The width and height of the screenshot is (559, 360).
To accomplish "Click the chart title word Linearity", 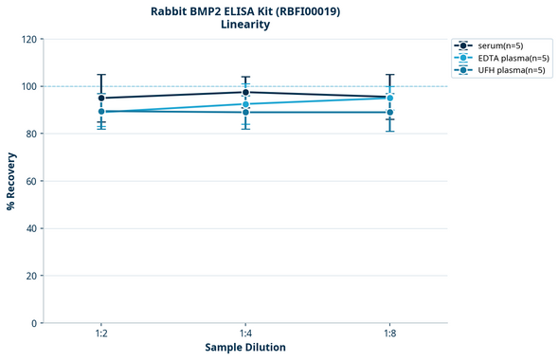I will click(x=245, y=25).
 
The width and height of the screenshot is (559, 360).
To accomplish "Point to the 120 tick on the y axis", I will click(x=28, y=39).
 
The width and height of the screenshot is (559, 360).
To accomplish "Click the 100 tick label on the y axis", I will click(x=28, y=86).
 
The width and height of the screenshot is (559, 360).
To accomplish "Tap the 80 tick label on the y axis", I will click(x=31, y=134).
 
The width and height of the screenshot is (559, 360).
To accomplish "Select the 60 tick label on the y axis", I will click(x=31, y=181).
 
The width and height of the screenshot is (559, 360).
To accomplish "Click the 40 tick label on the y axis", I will click(x=31, y=228).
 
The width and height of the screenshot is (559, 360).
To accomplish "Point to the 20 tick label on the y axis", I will click(x=31, y=276).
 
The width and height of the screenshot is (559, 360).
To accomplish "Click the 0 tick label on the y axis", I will click(x=34, y=323).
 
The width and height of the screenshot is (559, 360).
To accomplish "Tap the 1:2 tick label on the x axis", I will click(x=101, y=334).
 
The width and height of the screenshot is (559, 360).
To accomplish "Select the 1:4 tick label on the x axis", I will click(x=245, y=334).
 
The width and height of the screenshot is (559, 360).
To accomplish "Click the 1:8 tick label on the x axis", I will click(x=389, y=334).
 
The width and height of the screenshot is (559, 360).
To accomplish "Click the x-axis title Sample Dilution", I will click(x=245, y=348).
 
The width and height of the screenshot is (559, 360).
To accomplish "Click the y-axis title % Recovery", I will click(x=11, y=181).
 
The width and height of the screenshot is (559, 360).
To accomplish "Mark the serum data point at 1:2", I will click(x=101, y=98).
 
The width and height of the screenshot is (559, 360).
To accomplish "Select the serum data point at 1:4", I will click(x=245, y=92).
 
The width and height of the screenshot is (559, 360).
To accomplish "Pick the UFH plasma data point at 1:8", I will click(x=389, y=113).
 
